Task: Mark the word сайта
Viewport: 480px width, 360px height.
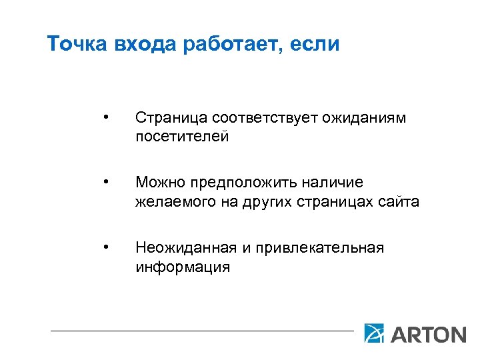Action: tap(401, 201)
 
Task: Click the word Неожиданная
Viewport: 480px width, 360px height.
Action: tap(185, 248)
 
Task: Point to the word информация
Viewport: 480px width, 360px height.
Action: tap(182, 267)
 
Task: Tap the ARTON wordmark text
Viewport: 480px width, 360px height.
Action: tap(428, 333)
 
